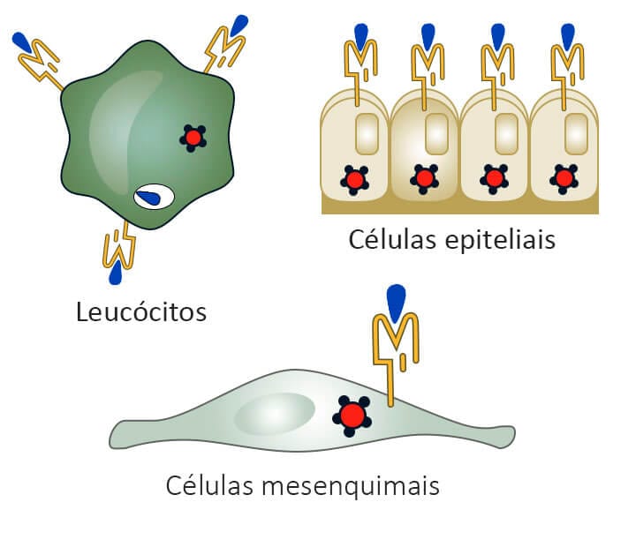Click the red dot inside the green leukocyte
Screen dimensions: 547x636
pos(193,138)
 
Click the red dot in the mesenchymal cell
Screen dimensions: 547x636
pos(352,415)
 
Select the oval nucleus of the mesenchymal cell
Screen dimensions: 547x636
pos(275,414)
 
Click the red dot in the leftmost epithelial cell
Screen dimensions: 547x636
pos(355,180)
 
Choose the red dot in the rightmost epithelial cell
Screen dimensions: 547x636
pos(564,179)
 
